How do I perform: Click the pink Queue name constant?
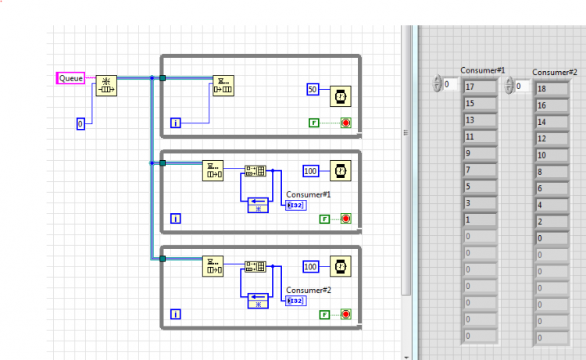[70, 78]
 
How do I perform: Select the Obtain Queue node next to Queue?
[106, 86]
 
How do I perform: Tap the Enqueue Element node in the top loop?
[223, 86]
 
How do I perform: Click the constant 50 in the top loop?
[313, 89]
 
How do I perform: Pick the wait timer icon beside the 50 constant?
[341, 96]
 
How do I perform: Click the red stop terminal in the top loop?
[345, 123]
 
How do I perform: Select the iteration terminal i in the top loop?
[176, 123]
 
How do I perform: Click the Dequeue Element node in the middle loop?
[213, 171]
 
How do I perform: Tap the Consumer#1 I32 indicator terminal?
[296, 205]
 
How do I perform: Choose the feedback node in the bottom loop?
[259, 301]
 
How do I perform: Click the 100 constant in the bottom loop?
[310, 266]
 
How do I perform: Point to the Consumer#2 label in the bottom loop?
[309, 290]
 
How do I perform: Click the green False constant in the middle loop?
[324, 219]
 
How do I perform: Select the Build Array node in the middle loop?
[255, 171]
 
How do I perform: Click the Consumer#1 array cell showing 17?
[480, 87]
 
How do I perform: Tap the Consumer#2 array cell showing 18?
[552, 89]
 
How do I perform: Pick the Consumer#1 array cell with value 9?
[480, 154]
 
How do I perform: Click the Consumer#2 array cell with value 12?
[552, 138]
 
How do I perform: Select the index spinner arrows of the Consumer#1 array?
[437, 84]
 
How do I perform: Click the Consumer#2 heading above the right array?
[555, 73]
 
